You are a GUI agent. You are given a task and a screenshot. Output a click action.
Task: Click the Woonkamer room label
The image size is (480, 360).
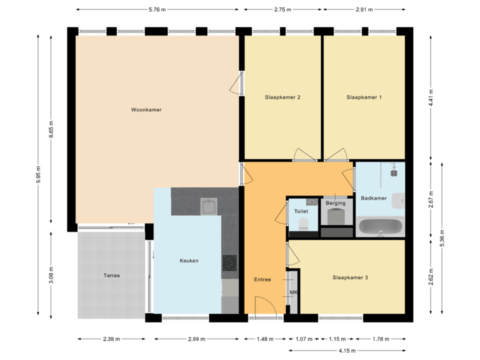pyautogui.click(x=147, y=110)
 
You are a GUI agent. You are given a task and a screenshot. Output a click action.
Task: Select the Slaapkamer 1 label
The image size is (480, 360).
pyautogui.click(x=364, y=97)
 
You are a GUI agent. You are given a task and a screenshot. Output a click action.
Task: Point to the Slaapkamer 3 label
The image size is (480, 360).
pyautogui.click(x=350, y=277)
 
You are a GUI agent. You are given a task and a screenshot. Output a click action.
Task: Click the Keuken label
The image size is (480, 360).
pyautogui.click(x=189, y=261)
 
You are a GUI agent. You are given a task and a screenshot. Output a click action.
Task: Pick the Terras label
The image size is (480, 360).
pyautogui.click(x=111, y=275)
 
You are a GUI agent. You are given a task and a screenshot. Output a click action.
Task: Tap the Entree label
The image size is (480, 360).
pyautogui.click(x=263, y=279)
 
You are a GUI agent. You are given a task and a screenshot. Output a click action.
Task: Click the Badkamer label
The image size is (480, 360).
pyautogui.click(x=373, y=198)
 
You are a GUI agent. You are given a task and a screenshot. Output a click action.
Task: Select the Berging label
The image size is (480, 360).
pyautogui.click(x=336, y=203)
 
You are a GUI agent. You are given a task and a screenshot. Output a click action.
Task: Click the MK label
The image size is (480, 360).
pyautogui.click(x=293, y=292)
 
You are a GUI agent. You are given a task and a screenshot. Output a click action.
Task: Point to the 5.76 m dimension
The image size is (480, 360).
pyautogui.click(x=157, y=10)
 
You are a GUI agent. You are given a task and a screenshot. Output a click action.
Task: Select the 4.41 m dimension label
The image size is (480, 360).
pyautogui.click(x=431, y=97)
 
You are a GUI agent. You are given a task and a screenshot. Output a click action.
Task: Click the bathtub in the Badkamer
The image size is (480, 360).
pyautogui.click(x=380, y=227)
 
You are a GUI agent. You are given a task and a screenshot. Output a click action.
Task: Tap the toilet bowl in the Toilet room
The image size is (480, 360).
pyautogui.click(x=303, y=223)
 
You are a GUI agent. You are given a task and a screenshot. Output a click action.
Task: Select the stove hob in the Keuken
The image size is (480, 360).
pyautogui.click(x=230, y=264)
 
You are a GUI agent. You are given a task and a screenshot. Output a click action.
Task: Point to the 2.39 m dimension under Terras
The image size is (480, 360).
pyautogui.click(x=111, y=339)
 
